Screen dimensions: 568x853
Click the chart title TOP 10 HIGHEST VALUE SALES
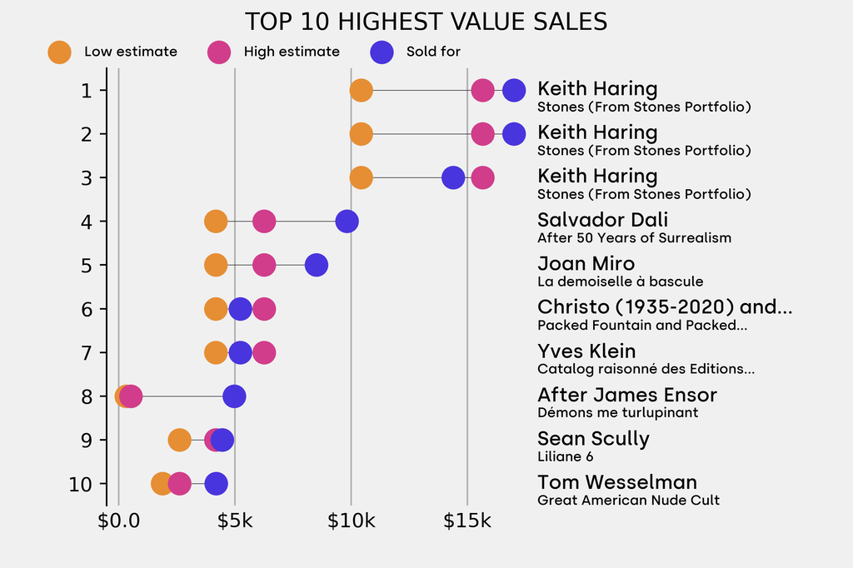[426, 22]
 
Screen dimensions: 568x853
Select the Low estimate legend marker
[59, 52]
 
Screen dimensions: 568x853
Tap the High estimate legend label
[292, 52]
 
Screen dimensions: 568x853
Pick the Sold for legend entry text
[433, 52]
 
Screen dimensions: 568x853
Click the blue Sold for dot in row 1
[514, 90]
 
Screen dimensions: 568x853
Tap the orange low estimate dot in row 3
[361, 177]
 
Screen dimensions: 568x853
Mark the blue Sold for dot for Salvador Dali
[347, 222]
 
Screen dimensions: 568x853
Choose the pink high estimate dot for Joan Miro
[264, 265]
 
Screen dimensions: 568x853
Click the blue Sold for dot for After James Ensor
[234, 396]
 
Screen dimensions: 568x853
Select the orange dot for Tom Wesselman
[162, 484]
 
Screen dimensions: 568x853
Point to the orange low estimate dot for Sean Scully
[179, 440]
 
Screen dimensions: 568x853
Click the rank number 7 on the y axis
[87, 352]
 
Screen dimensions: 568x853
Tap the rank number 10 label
[81, 484]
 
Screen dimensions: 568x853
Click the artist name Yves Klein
[586, 351]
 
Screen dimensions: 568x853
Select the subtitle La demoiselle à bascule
[620, 282]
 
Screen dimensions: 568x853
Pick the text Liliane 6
[565, 456]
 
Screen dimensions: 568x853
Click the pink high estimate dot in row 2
[482, 133]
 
